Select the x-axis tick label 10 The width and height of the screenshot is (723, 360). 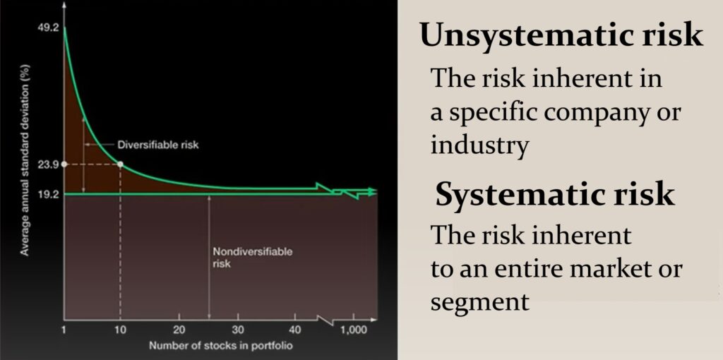120,330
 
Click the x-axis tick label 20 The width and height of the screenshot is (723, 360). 179,330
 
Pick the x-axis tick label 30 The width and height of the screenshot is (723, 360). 237,330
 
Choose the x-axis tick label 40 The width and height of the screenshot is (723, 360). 296,330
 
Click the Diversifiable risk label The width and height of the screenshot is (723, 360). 158,145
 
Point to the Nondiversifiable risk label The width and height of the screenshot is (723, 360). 243,257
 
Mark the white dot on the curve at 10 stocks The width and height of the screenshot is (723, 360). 120,164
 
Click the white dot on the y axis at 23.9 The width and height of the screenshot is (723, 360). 64,164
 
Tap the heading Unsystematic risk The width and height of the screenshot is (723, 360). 561,35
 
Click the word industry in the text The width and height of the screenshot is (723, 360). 479,145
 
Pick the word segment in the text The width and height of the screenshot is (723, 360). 480,302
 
